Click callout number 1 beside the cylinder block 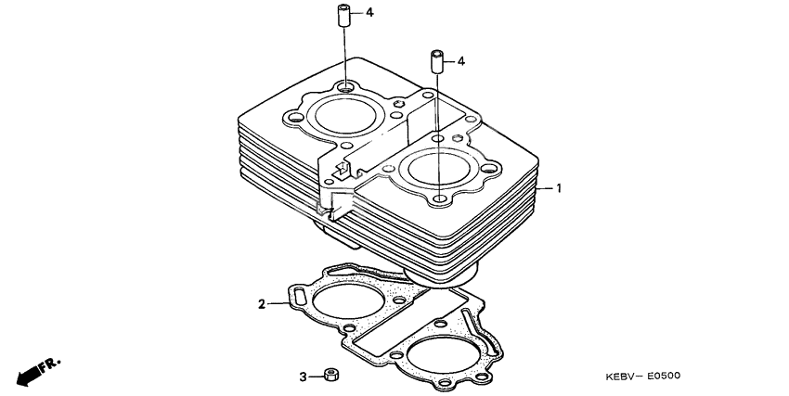560,187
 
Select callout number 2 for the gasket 262,303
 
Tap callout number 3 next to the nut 303,377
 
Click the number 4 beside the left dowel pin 369,13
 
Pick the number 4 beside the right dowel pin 461,61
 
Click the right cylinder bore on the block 436,170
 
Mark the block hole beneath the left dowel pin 344,87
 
